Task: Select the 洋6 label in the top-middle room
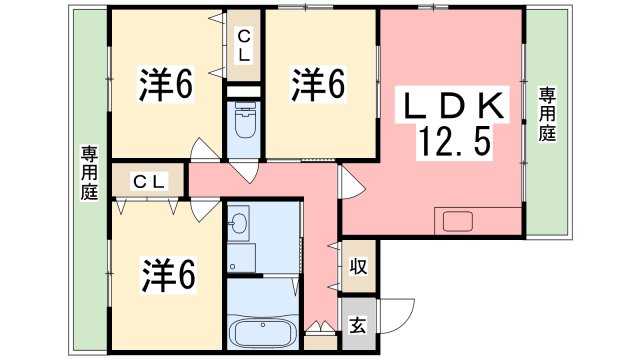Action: (x=319, y=85)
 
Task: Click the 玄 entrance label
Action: (x=357, y=325)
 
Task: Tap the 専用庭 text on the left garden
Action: (x=89, y=172)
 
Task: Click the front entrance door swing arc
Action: (x=398, y=312)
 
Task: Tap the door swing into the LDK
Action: (x=352, y=183)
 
